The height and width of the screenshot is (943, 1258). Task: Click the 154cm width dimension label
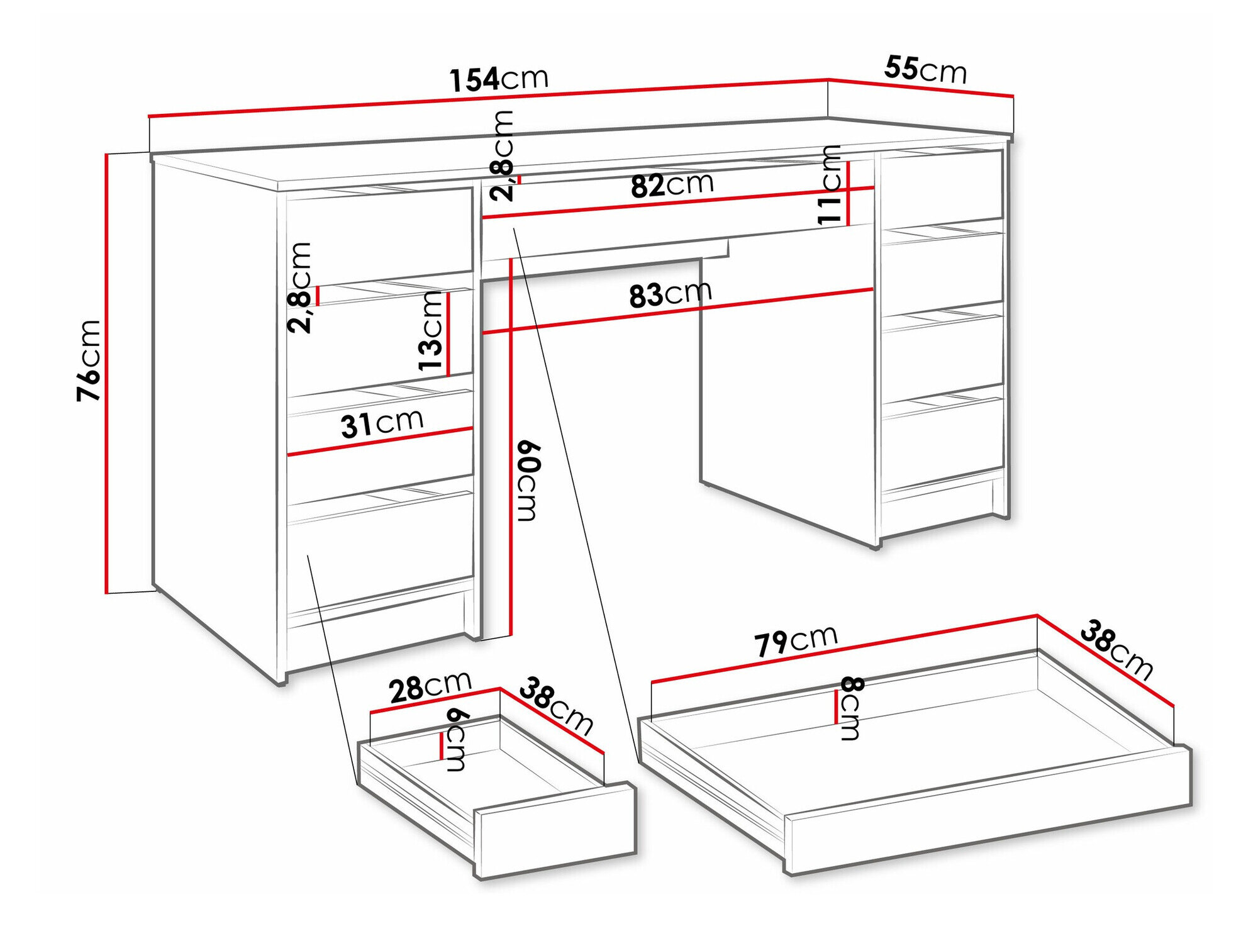[x=499, y=79]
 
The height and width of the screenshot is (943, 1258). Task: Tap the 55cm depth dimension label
[x=925, y=70]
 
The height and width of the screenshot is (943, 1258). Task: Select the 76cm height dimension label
[x=88, y=360]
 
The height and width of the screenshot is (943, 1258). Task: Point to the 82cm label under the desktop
[x=672, y=185]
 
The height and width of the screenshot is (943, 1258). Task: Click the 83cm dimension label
[x=671, y=294]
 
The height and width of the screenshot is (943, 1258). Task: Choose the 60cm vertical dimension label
[x=528, y=481]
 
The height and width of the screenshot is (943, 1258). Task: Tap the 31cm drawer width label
[x=382, y=423]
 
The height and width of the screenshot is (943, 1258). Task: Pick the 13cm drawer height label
[x=431, y=332]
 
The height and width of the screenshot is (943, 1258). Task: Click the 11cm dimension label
[x=830, y=184]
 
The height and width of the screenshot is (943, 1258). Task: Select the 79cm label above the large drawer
[x=796, y=640]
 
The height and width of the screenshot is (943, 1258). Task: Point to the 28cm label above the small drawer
[x=430, y=686]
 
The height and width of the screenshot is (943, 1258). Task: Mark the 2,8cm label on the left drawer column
[x=300, y=287]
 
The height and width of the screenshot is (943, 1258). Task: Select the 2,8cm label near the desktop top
[x=503, y=155]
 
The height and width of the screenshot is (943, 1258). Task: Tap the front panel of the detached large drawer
[x=988, y=812]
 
